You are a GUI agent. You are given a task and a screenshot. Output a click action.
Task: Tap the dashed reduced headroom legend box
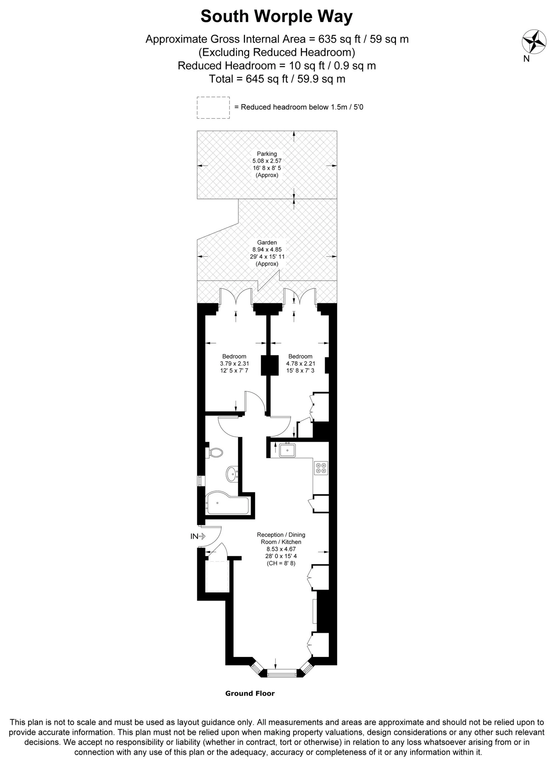coord(213,107)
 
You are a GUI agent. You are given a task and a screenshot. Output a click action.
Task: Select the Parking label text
coord(267,154)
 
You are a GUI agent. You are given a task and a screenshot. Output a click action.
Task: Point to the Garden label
coord(267,242)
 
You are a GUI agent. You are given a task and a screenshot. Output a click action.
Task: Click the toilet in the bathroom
coord(216,453)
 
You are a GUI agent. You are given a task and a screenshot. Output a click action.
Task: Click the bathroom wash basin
coord(231,474)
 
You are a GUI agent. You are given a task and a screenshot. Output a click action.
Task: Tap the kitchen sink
coord(287,450)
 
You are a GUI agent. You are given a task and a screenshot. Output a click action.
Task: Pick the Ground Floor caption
coord(250,693)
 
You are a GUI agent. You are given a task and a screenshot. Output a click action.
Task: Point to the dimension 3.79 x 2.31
coord(234,364)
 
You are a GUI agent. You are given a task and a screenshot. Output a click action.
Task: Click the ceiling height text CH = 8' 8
coord(281,563)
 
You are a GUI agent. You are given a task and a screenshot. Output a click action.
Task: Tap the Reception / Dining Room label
coord(281,538)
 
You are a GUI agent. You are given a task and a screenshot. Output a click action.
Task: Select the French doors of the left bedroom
coord(236,296)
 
